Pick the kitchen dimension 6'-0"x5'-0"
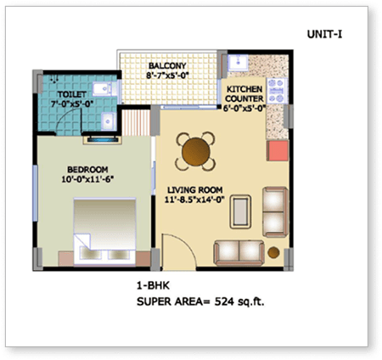[x=244, y=108]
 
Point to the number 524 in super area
[x=226, y=301]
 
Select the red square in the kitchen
[x=278, y=152]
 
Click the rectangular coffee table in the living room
[x=241, y=207]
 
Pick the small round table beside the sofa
[x=274, y=252]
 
